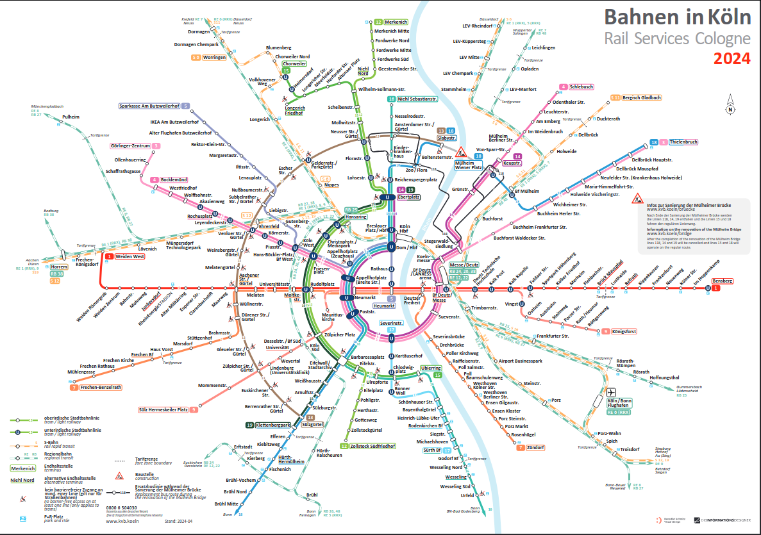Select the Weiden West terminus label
pyautogui.click(x=130, y=256)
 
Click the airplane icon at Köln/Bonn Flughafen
pyautogui.click(x=611, y=392)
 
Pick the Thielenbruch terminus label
pyautogui.click(x=683, y=142)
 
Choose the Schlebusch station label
pyautogui.click(x=581, y=86)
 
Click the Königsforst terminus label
pyautogui.click(x=623, y=331)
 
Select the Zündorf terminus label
pyautogui.click(x=535, y=447)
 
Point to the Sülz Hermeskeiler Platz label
pyautogui.click(x=163, y=409)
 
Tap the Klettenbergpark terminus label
pyautogui.click(x=273, y=425)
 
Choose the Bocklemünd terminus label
pyautogui.click(x=174, y=180)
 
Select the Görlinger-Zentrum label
pyautogui.click(x=130, y=146)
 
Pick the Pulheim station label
pyautogui.click(x=71, y=117)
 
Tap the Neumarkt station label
pyautogui.click(x=365, y=298)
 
